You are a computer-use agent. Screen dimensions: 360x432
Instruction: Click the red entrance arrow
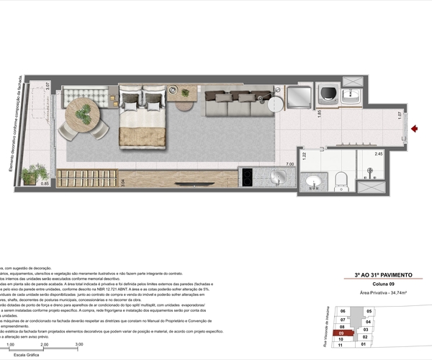pos(414,130)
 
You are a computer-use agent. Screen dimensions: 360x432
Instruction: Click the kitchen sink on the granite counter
pos(279,176)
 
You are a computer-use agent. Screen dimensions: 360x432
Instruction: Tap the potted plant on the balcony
pos(34,174)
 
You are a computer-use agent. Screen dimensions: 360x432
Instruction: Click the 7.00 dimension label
pos(290,164)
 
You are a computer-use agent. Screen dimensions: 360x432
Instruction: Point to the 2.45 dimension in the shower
pos(377,153)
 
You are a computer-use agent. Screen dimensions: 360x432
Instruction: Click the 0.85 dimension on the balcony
pos(45,184)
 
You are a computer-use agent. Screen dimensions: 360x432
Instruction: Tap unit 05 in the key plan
pos(369,312)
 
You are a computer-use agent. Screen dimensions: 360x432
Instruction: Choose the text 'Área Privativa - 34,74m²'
pos(381,293)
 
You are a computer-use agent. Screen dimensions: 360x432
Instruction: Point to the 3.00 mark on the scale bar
pos(78,345)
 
